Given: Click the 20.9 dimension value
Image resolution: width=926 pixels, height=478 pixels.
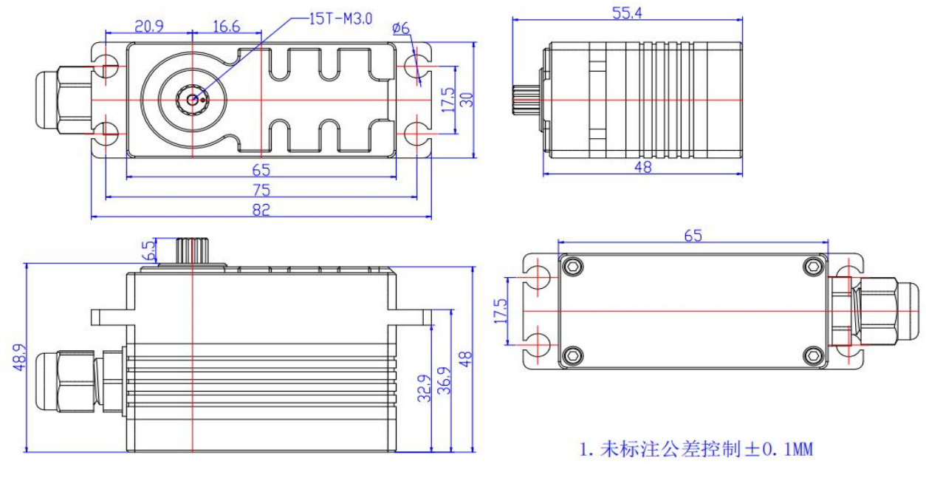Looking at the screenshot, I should coord(149,26).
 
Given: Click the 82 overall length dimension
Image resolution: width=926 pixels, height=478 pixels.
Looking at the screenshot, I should coord(261,210).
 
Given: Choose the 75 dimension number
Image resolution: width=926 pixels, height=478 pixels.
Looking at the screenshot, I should coord(261,190).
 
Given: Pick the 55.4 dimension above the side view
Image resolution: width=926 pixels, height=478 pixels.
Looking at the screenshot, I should coord(627,13).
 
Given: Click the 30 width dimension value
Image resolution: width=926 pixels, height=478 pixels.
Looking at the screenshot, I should coord(466,99).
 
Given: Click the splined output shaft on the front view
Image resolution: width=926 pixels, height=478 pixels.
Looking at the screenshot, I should coord(191,250).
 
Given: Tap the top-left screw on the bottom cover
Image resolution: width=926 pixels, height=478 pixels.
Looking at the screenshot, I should coord(572,266).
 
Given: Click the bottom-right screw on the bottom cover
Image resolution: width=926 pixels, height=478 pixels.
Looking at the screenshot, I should coord(813,356).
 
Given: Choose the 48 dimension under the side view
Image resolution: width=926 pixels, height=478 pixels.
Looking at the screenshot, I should coord(642,167).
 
